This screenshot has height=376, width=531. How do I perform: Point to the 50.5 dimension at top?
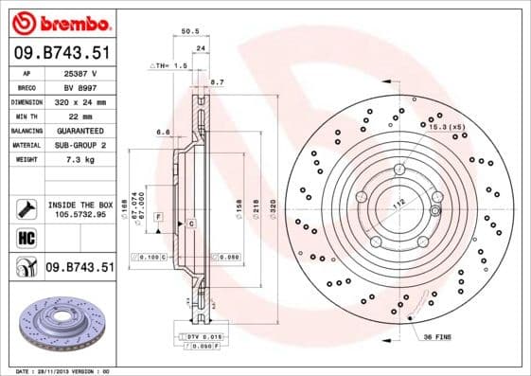pos(188,31)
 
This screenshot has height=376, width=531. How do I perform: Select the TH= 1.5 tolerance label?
pos(168,67)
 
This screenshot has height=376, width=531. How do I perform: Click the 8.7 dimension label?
pos(217,83)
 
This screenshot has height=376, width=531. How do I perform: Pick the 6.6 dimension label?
pos(162,132)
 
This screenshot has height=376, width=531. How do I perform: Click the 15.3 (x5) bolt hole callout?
pos(447,126)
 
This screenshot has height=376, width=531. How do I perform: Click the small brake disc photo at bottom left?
pos(60,325)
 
